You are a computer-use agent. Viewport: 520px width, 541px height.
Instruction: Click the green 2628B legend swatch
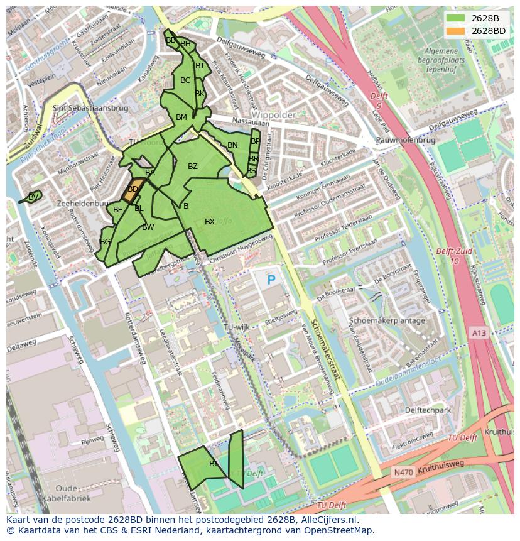pos(456,18)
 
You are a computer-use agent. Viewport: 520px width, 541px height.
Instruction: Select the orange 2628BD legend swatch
pos(456,31)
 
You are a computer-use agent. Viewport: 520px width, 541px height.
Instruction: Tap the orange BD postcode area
pos(131,190)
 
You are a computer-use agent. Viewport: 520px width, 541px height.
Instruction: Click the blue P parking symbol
pos(271,280)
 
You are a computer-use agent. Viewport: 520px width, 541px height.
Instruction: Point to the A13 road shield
pos(478,332)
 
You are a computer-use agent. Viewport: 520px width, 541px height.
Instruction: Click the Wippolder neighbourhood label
pos(274,115)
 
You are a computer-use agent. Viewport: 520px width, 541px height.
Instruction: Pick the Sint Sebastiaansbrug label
pos(90,108)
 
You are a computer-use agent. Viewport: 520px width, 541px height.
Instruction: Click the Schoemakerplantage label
pos(387,320)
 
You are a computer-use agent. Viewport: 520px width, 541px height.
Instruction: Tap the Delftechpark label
pos(428,410)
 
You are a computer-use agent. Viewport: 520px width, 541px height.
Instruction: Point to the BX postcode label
pos(210,222)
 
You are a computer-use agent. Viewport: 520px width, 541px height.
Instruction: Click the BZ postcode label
pos(193,167)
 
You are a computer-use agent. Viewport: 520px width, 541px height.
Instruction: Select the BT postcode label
pos(214,464)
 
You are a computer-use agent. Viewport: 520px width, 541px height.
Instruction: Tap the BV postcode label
pos(33,197)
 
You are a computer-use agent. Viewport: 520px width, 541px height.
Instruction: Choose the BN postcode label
pos(232,145)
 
